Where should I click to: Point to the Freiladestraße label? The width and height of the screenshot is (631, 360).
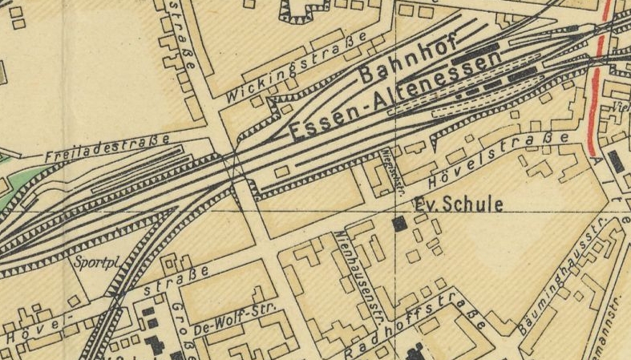pos(107,147)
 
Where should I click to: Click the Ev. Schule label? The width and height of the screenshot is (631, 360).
pos(458,205)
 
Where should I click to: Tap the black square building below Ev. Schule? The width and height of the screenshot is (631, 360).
pos(399,224)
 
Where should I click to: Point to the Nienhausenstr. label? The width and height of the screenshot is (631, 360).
pos(358,273)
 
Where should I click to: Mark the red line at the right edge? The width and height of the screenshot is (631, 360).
pos(597,80)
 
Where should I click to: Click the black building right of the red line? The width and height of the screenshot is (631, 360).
pos(617,161)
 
